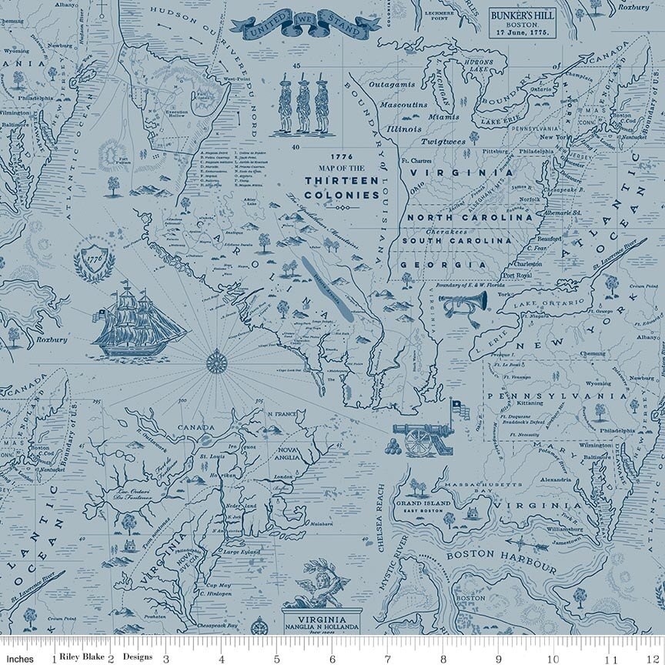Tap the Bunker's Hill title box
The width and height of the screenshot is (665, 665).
(x=529, y=23)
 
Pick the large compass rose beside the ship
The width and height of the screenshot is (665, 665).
(x=216, y=360)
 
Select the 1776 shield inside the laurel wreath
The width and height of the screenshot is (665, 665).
(x=95, y=259)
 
